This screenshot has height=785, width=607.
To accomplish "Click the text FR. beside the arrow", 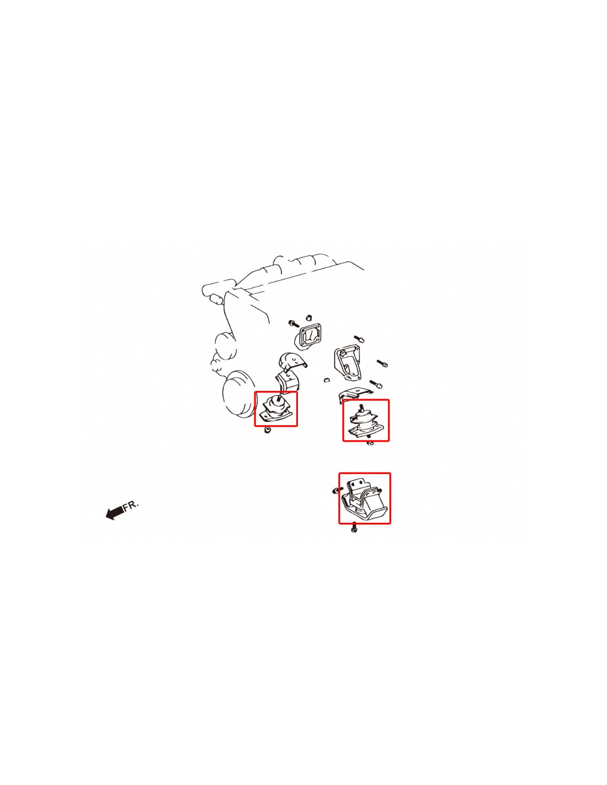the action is [x=131, y=505].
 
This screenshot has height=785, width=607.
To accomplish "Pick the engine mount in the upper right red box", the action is [x=365, y=422].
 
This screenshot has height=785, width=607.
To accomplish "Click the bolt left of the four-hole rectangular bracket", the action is [x=294, y=323].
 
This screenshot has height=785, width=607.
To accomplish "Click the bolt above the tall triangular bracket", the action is [x=359, y=338].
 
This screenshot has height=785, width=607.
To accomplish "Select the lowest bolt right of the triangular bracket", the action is [x=376, y=383].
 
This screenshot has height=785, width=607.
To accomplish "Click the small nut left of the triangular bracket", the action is [x=326, y=379].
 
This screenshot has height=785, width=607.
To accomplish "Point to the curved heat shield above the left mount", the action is [x=292, y=362].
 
